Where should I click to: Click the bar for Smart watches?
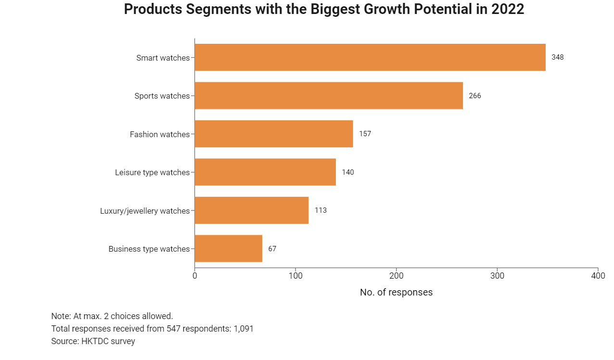[x=370, y=57]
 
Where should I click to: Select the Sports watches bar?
[x=328, y=96]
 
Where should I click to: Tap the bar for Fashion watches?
[x=273, y=134]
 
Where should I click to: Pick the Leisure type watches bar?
[x=265, y=172]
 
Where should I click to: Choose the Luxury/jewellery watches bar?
[x=251, y=210]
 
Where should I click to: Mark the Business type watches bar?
[x=228, y=249]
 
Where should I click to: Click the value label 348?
[x=557, y=57]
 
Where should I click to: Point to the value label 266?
[x=474, y=96]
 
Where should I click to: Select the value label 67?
[x=272, y=249]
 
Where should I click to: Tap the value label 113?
[x=320, y=210]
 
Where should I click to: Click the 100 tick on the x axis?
[x=295, y=276]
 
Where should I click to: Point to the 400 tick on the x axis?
[x=598, y=276]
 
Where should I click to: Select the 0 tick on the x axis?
[x=195, y=276]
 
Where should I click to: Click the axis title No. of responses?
[x=396, y=292]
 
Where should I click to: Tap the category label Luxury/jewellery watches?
[x=145, y=211]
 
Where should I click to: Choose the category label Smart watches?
[x=163, y=58]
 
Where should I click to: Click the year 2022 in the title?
[x=507, y=10]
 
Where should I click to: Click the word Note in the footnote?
[x=60, y=316]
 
